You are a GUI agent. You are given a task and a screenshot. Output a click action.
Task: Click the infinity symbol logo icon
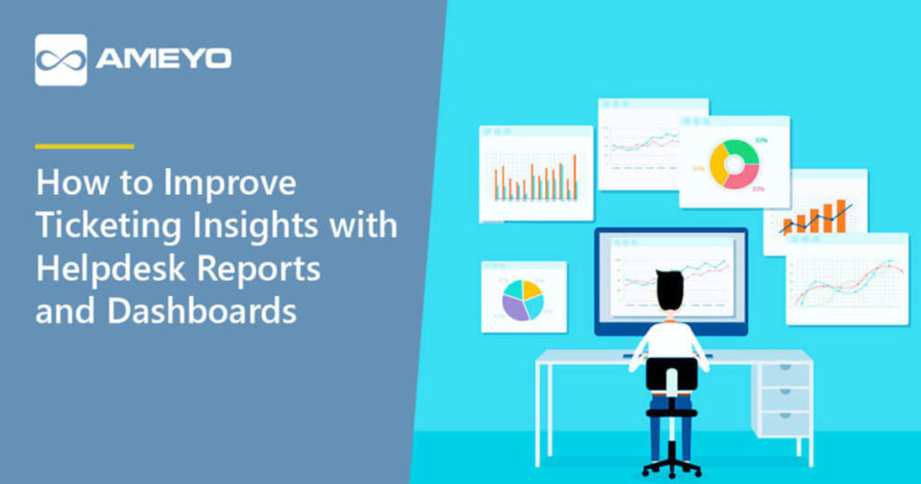pos(61,59)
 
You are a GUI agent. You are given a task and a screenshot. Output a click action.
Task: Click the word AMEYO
pos(164,59)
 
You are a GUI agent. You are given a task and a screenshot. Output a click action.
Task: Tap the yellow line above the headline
pos(85,146)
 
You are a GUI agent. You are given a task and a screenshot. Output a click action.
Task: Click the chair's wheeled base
pos(672,466)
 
